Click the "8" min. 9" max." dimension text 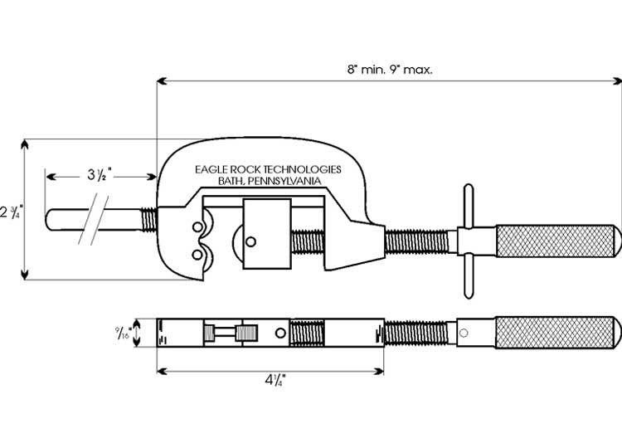pyautogui.click(x=389, y=70)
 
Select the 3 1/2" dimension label pyautogui.click(x=100, y=176)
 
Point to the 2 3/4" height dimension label pyautogui.click(x=9, y=211)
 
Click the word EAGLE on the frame pyautogui.click(x=212, y=168)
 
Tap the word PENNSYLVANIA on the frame pyautogui.click(x=280, y=180)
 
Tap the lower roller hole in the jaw pyautogui.click(x=197, y=253)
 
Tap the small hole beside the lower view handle pyautogui.click(x=464, y=334)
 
